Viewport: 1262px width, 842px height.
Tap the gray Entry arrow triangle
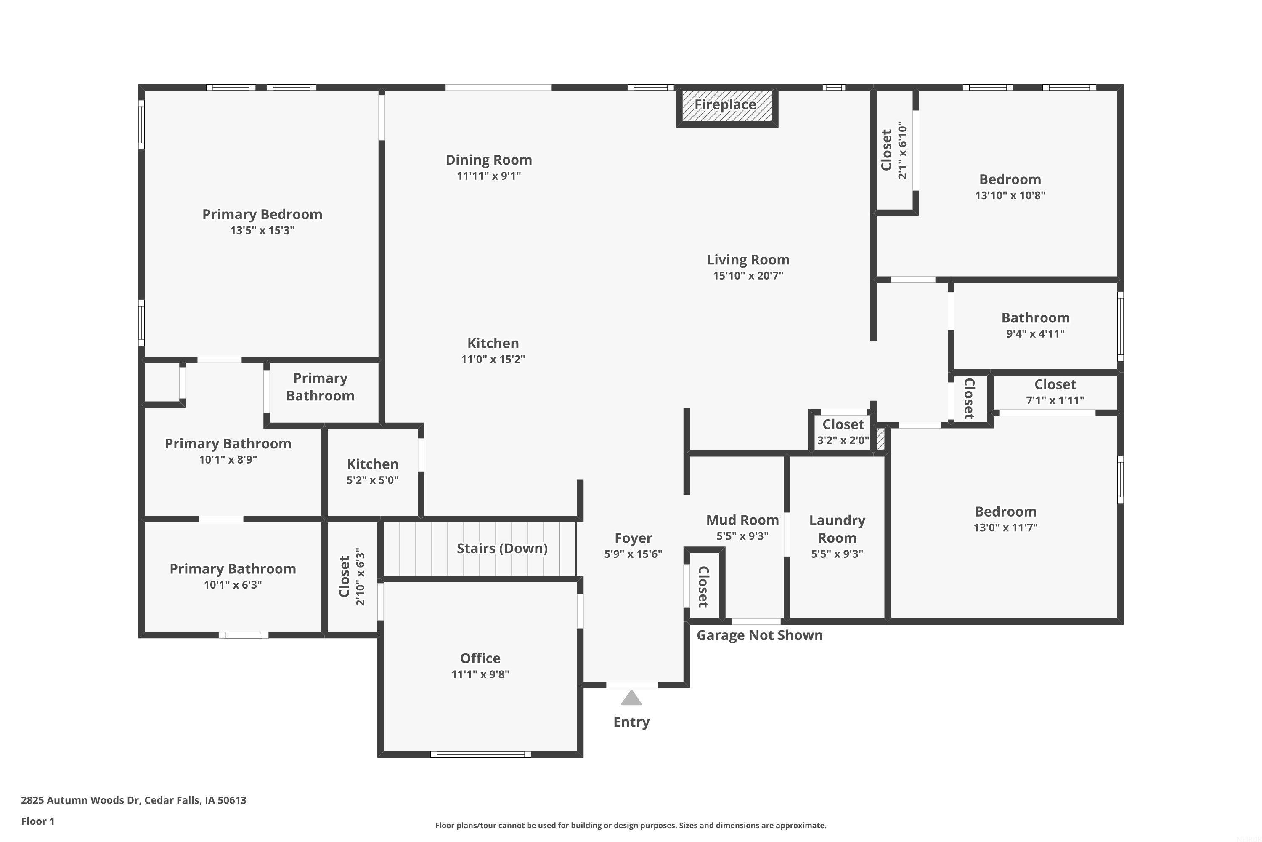point(631,698)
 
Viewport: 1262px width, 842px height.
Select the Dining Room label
point(489,160)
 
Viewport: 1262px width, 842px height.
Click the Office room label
point(480,658)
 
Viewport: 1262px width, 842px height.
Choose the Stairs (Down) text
point(502,548)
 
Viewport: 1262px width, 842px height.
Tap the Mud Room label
point(742,520)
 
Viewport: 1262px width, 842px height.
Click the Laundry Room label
point(837,529)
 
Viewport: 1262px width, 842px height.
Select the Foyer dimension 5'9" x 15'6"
point(633,554)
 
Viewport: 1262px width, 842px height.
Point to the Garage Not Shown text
point(759,635)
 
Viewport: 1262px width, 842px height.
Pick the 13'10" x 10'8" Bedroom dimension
point(1010,195)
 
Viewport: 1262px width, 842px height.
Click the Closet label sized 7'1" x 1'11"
point(1055,384)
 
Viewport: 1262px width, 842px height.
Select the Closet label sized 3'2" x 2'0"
point(843,425)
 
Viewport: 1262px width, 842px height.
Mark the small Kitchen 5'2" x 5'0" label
point(372,464)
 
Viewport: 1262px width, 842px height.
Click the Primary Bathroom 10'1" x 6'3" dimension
point(233,585)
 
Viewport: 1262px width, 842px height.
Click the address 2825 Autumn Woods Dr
point(134,800)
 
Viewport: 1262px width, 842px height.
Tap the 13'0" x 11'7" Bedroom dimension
point(1005,528)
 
